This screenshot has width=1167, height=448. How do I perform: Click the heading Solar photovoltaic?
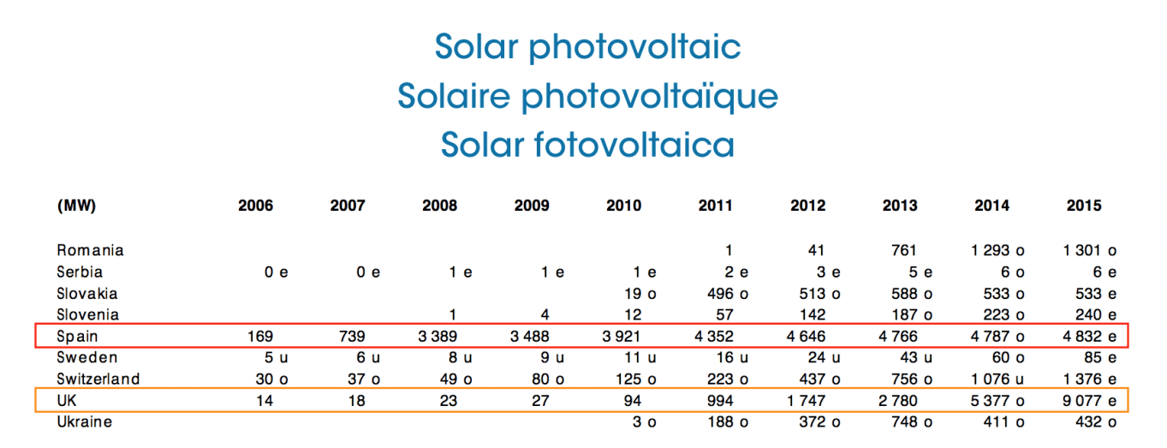(x=587, y=46)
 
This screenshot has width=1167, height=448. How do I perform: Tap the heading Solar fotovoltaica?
(x=587, y=144)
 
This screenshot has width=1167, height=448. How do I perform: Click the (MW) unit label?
(x=76, y=206)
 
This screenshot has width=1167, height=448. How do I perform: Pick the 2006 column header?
(x=255, y=206)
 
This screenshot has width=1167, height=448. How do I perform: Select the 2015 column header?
(x=1083, y=206)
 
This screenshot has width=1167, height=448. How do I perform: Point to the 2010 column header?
(x=623, y=206)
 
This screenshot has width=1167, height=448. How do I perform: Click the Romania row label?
(x=90, y=250)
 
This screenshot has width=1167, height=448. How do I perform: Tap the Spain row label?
(x=76, y=336)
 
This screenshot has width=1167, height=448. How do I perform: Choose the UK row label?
(x=68, y=400)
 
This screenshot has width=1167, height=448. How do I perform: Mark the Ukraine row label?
(x=84, y=421)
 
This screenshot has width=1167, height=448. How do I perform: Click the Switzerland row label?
(x=98, y=379)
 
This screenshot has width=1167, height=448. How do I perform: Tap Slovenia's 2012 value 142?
(x=807, y=314)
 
